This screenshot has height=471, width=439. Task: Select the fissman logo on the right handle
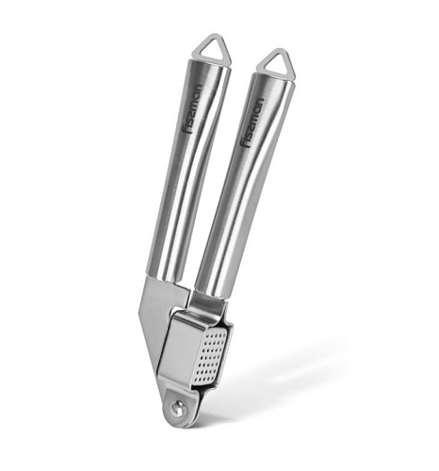[x=252, y=122]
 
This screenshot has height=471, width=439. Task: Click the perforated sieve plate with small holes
[x=214, y=356]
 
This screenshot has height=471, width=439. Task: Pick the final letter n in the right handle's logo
[x=260, y=102]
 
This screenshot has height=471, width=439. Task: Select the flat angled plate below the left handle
[x=154, y=317]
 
